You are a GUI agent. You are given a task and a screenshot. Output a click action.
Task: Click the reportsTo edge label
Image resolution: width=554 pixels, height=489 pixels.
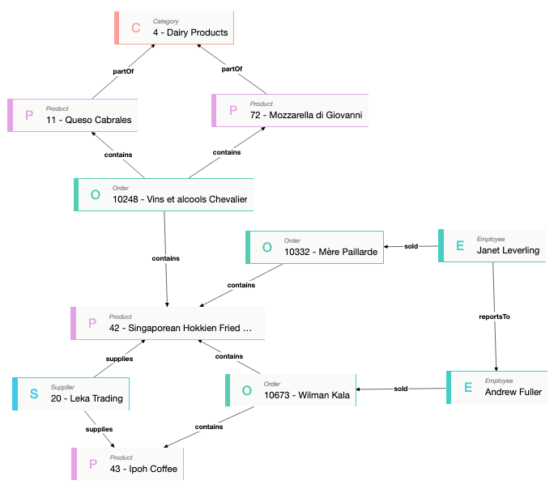point(495,317)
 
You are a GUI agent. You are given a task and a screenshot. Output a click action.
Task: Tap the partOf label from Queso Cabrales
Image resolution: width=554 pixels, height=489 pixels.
point(123,71)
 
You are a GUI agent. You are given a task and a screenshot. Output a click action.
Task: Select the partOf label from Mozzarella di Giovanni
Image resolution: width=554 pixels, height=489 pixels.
point(232,69)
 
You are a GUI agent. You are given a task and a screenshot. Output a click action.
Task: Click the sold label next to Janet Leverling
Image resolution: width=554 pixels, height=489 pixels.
point(411,245)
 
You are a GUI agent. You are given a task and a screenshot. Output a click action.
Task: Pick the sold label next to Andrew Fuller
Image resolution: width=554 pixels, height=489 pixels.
point(401,389)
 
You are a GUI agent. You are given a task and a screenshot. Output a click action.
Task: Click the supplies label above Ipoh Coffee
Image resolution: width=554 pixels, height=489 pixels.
point(100,428)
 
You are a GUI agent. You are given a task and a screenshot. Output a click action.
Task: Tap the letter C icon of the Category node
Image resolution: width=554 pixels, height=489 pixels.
point(136,28)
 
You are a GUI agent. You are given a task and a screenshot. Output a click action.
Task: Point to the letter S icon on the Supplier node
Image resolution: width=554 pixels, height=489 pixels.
point(34,394)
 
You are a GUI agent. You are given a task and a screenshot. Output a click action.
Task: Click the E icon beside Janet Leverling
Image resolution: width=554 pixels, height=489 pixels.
point(460,246)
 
